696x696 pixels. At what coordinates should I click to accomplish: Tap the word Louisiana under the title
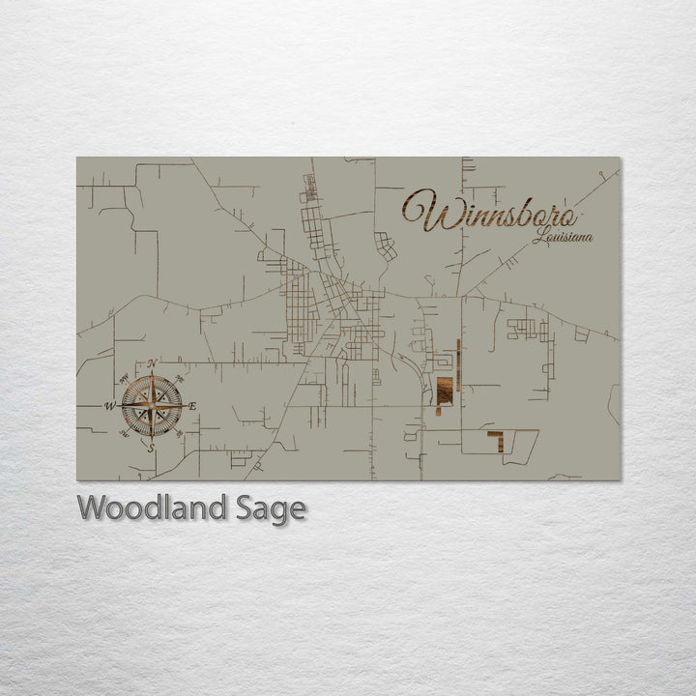click(563, 236)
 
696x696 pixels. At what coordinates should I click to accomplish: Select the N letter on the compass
click(152, 363)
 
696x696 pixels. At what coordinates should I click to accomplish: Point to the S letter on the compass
click(150, 448)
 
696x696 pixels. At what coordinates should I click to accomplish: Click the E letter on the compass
click(192, 406)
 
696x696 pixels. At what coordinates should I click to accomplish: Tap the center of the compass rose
click(152, 405)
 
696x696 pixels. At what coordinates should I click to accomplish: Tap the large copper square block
click(445, 391)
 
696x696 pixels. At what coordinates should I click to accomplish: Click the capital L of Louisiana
click(537, 235)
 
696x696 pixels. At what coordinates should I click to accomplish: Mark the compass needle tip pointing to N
click(152, 374)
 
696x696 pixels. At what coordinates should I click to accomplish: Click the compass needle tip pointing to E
click(183, 405)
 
